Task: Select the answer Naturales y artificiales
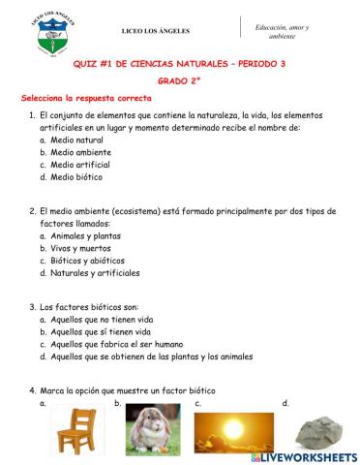click(x=104, y=273)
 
